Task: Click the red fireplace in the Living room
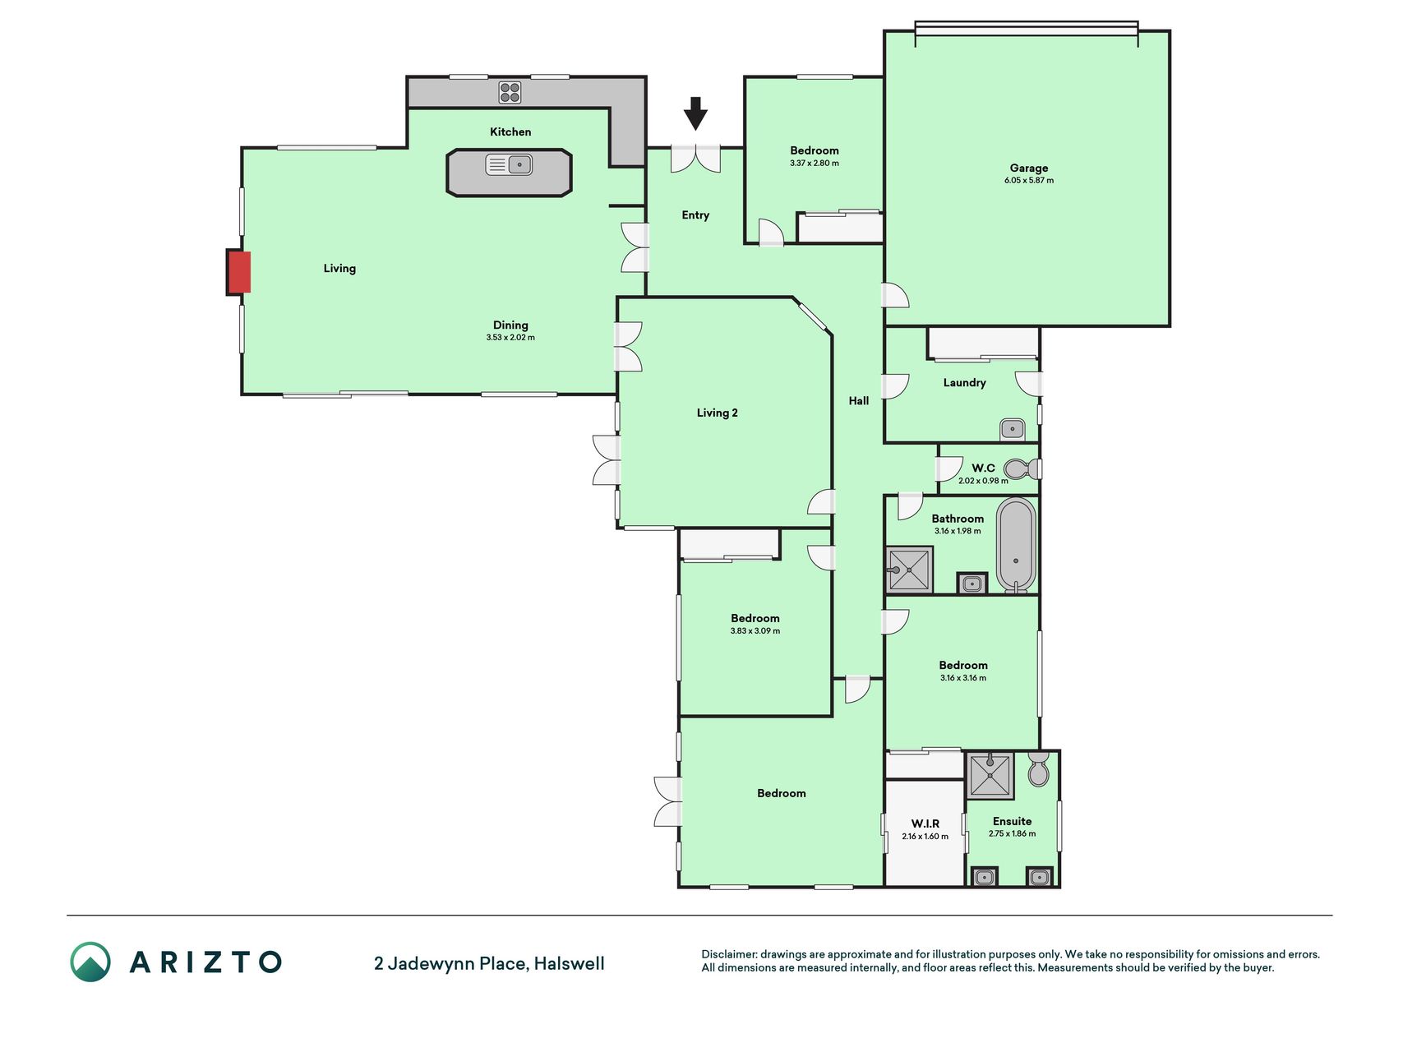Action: pyautogui.click(x=238, y=272)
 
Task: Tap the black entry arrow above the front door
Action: pyautogui.click(x=695, y=113)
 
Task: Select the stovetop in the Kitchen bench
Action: pyautogui.click(x=510, y=92)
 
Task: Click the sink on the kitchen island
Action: pyautogui.click(x=509, y=164)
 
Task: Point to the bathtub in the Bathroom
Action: pyautogui.click(x=1016, y=545)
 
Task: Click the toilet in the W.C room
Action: pyautogui.click(x=1022, y=469)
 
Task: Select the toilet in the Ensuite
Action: pyautogui.click(x=1038, y=769)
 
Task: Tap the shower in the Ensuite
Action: pyautogui.click(x=990, y=775)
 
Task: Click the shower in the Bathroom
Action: pyautogui.click(x=909, y=570)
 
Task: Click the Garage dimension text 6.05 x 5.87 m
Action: pyautogui.click(x=1028, y=181)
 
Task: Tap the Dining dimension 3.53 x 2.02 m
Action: pyautogui.click(x=510, y=338)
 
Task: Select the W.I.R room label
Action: pyautogui.click(x=925, y=824)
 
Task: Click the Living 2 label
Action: pyautogui.click(x=717, y=413)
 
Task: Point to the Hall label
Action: pyautogui.click(x=859, y=401)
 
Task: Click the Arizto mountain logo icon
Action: pyautogui.click(x=90, y=962)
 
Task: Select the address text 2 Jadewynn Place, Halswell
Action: pyautogui.click(x=489, y=963)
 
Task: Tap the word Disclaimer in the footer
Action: pyautogui.click(x=728, y=954)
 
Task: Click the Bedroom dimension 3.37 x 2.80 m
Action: pyautogui.click(x=815, y=164)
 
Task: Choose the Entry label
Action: pyautogui.click(x=695, y=215)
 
